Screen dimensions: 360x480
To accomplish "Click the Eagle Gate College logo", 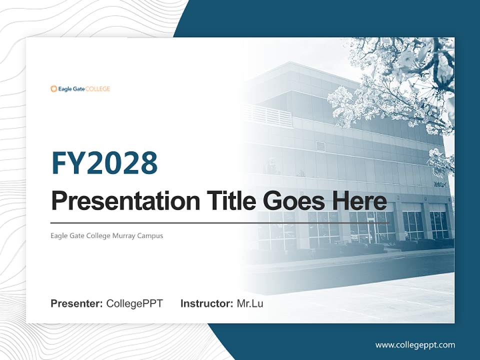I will pyautogui.click(x=80, y=89).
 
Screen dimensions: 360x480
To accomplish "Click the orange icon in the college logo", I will pyautogui.click(x=53, y=89).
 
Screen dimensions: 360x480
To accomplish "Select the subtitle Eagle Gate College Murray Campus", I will pyautogui.click(x=106, y=235).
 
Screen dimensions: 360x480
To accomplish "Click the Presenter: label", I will pyautogui.click(x=77, y=303).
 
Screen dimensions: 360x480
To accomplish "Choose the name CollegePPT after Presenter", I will pyautogui.click(x=134, y=303).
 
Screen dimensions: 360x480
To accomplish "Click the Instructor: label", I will pyautogui.click(x=206, y=303).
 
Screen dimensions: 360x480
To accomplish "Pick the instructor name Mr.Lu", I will pyautogui.click(x=249, y=303).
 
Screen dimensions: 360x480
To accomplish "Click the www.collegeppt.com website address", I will pyautogui.click(x=415, y=344).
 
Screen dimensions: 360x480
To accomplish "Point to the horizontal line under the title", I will pyautogui.click(x=220, y=222).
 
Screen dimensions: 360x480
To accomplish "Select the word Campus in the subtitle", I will pyautogui.click(x=152, y=235).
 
